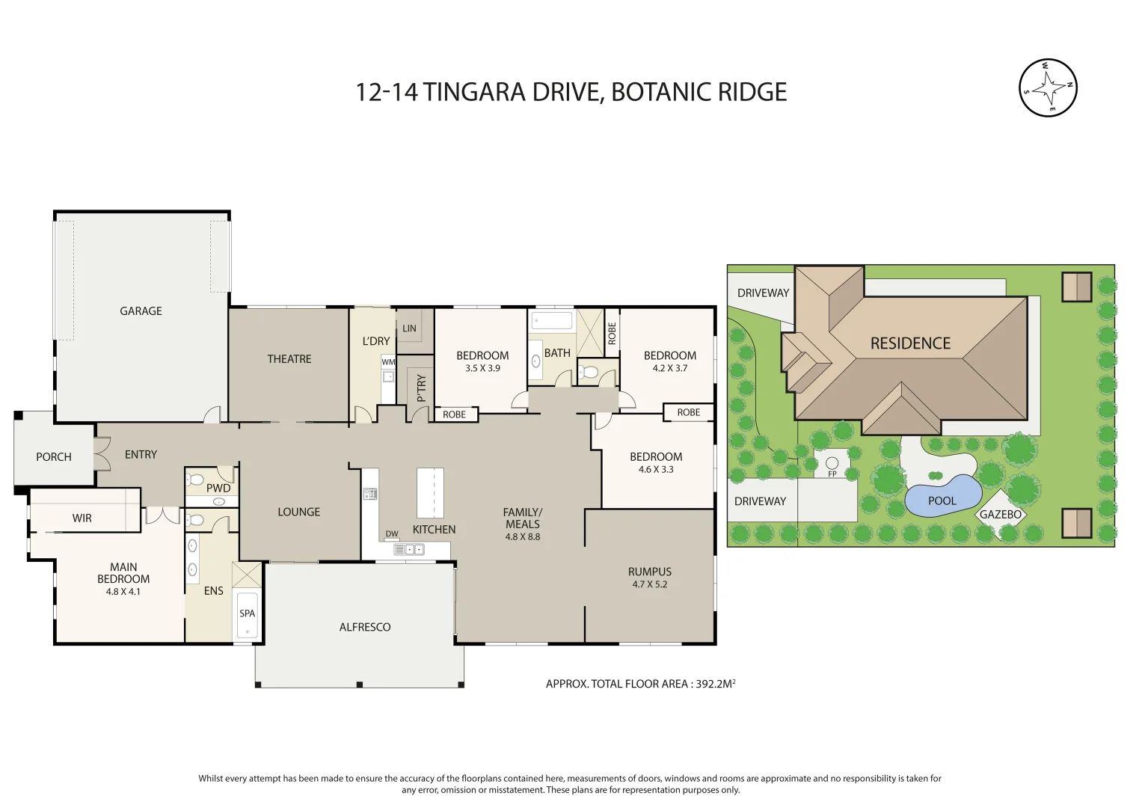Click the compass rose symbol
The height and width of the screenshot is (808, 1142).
coord(1048,88)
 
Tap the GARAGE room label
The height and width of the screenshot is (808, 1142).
coord(141,311)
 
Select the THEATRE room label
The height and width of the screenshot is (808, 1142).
coord(289,359)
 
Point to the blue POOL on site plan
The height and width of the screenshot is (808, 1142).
coord(942,498)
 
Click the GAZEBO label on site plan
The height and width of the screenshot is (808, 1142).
coord(1000,515)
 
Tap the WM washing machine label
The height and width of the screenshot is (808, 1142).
coord(388,362)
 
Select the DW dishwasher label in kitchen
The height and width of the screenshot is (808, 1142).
coord(392,533)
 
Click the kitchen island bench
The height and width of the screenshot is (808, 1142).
coord(430,492)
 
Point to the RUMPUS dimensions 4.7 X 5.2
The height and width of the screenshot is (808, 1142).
coord(649,584)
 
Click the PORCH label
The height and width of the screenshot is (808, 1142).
coord(54,457)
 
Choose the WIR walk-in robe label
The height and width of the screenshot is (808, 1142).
coord(82,518)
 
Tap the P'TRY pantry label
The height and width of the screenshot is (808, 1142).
coord(421,388)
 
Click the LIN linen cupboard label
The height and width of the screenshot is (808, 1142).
coord(409,328)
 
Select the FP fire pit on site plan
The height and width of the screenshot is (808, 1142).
coord(832,465)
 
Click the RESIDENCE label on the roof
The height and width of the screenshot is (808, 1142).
coord(910,343)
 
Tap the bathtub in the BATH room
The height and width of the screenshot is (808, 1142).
coord(551,321)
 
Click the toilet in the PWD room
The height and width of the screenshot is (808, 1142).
coord(196,479)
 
